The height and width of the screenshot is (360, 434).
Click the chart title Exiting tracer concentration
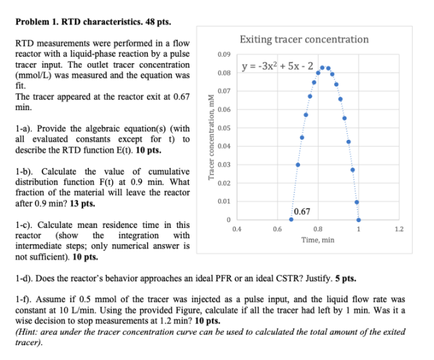click(305, 39)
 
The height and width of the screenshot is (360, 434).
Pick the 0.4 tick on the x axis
click(238, 229)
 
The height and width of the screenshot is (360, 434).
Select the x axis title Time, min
click(318, 240)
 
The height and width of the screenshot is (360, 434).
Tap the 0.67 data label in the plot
click(301, 211)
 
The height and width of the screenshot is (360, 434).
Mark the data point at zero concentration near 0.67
click(292, 220)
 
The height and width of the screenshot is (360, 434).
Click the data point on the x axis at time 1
click(359, 220)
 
